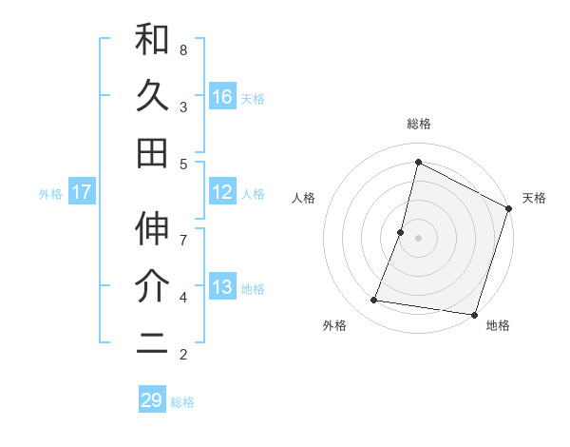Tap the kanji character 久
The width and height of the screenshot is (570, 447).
pyautogui.click(x=152, y=97)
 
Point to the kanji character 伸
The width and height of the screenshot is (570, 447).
pyautogui.click(x=152, y=229)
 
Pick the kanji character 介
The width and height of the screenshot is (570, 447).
pyautogui.click(x=152, y=286)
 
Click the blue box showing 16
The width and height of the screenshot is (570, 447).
pyautogui.click(x=221, y=97)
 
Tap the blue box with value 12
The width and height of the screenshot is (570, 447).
pyautogui.click(x=221, y=192)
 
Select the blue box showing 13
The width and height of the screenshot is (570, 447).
pyautogui.click(x=221, y=287)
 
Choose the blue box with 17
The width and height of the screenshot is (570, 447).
pyautogui.click(x=82, y=192)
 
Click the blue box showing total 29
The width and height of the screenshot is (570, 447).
pyautogui.click(x=152, y=399)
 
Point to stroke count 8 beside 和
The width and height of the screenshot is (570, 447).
pyautogui.click(x=183, y=49)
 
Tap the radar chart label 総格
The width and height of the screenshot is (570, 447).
pyautogui.click(x=419, y=124)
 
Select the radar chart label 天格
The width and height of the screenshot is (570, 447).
pyautogui.click(x=534, y=198)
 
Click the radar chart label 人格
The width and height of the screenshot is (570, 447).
pyautogui.click(x=303, y=198)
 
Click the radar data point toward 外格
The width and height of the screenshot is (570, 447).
pyautogui.click(x=374, y=301)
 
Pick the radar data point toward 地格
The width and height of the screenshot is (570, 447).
pyautogui.click(x=474, y=315)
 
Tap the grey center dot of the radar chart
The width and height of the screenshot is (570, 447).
pyautogui.click(x=418, y=238)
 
